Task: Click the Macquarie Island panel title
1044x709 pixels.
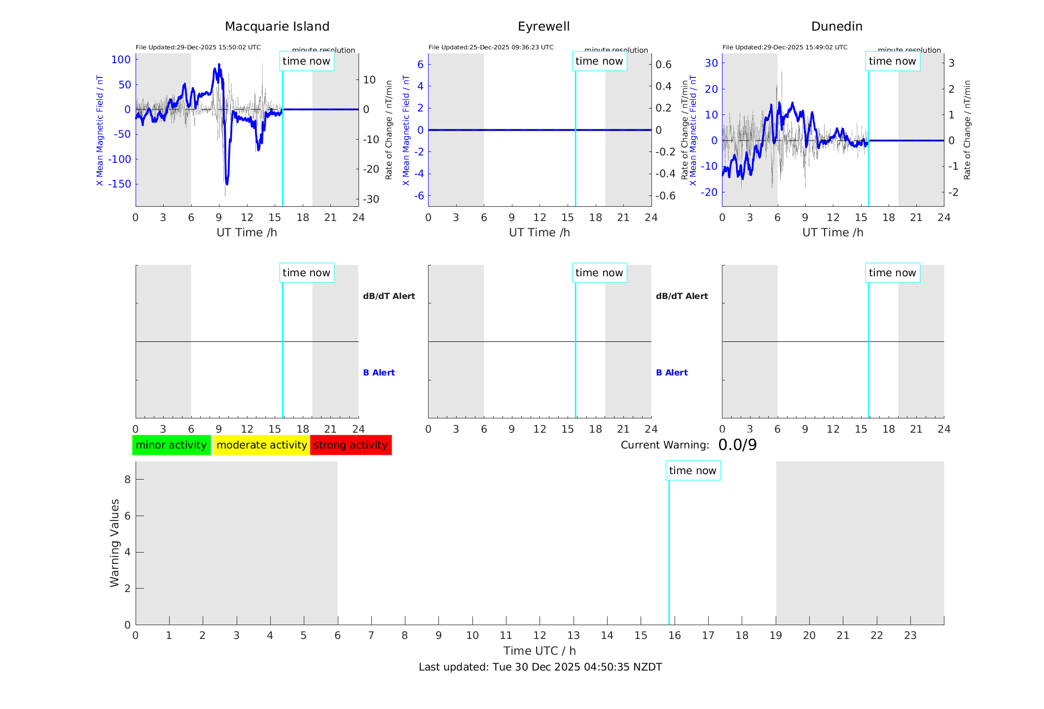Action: coord(277,27)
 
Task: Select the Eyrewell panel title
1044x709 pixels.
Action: coord(543,27)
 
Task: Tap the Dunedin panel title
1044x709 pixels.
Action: coord(836,27)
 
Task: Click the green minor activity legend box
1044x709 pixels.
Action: coord(171,445)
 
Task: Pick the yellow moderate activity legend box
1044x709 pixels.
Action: coord(261,445)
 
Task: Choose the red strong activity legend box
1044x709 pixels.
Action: coord(351,445)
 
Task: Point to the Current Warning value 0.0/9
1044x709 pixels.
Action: coord(737,445)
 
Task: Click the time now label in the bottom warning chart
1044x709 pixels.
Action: coord(692,471)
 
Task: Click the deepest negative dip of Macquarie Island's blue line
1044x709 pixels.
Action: coord(227,183)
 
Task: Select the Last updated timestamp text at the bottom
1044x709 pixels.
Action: coord(540,667)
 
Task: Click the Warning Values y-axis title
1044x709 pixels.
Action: coord(115,543)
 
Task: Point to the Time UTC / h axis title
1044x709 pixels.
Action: coord(540,651)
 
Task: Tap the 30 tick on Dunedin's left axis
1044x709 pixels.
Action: coord(711,63)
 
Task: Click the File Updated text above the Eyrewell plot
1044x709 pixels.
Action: coord(491,47)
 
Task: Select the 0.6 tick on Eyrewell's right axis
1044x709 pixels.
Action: coord(663,65)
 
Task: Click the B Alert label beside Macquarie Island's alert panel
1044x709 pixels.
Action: coord(379,373)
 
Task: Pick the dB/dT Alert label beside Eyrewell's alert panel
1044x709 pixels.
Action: coord(682,296)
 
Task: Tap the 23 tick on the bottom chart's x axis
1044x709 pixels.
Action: coord(910,635)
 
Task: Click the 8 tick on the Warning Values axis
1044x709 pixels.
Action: coord(127,479)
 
